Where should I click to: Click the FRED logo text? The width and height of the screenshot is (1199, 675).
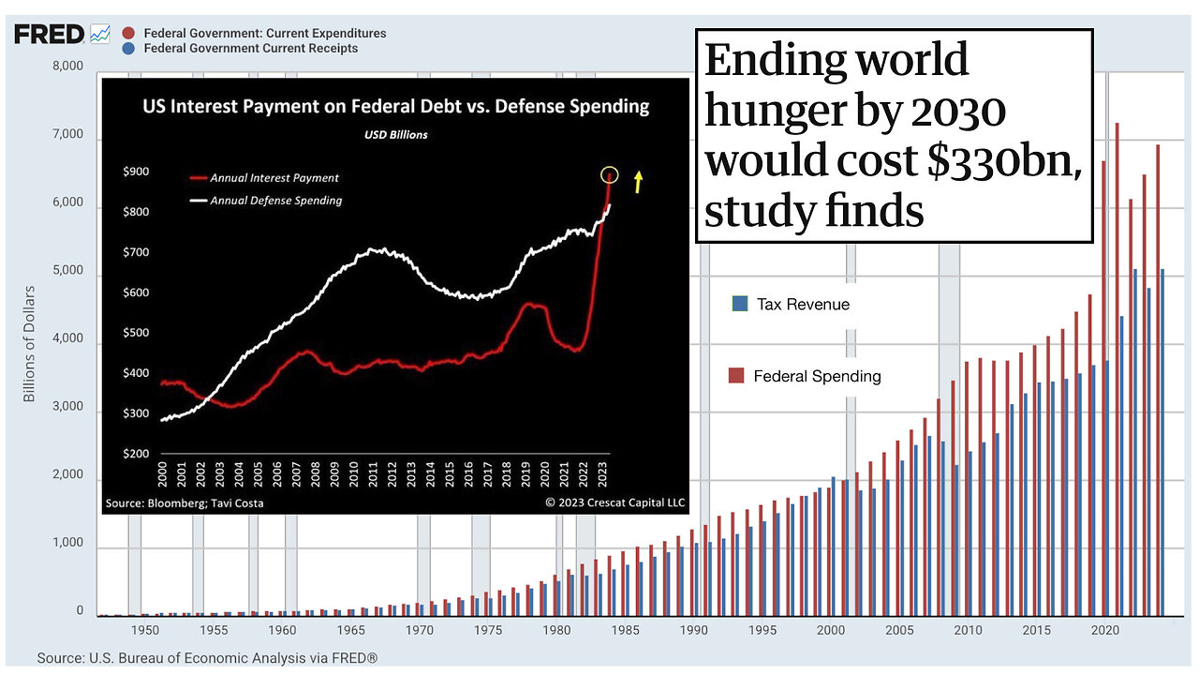coord(48,36)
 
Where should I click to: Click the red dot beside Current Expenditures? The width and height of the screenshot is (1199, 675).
coord(128,34)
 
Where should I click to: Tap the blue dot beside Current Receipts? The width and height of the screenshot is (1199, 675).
coord(128,49)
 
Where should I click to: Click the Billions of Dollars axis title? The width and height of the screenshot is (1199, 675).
coord(29,344)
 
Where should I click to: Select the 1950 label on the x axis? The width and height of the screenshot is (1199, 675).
coord(144,631)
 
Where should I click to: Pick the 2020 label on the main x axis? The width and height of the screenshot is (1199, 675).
coord(1107,631)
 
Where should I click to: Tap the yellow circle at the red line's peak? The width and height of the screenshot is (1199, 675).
coord(610,174)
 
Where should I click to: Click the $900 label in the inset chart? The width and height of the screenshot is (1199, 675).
coord(136,172)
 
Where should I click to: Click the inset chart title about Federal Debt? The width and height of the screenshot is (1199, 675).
coord(395,106)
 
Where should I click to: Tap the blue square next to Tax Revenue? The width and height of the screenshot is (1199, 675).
coord(740,304)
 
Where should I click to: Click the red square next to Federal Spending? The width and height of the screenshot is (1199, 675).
coord(736,376)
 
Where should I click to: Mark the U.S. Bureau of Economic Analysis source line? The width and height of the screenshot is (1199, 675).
coord(207,659)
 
